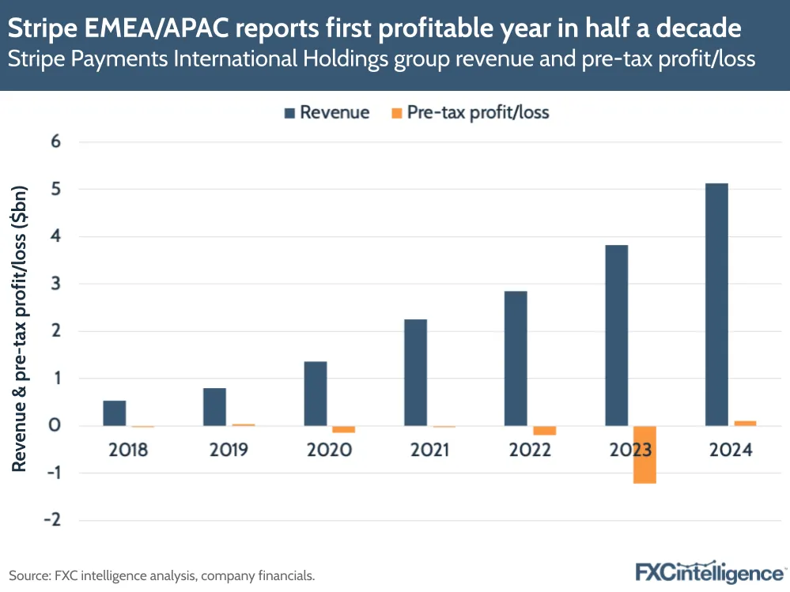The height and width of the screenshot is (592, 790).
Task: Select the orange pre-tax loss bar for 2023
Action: pyautogui.click(x=644, y=454)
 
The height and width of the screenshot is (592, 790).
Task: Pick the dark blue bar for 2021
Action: pyautogui.click(x=415, y=372)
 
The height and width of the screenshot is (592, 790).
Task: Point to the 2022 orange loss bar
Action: pyautogui.click(x=544, y=431)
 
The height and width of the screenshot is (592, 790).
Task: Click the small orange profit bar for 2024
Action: pyautogui.click(x=745, y=423)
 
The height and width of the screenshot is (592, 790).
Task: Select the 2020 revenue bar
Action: pyautogui.click(x=315, y=394)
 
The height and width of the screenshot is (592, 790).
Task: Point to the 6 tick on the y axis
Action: pyautogui.click(x=56, y=142)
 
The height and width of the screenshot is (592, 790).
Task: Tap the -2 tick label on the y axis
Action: pyautogui.click(x=52, y=520)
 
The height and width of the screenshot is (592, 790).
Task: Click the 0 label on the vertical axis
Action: pyautogui.click(x=56, y=426)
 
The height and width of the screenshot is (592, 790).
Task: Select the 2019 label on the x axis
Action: pyautogui.click(x=229, y=451)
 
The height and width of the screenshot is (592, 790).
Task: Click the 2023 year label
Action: pyautogui.click(x=630, y=451)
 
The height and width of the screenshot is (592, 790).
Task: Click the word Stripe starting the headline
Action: pyautogui.click(x=40, y=29)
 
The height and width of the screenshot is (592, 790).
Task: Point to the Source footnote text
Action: pyautogui.click(x=162, y=575)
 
